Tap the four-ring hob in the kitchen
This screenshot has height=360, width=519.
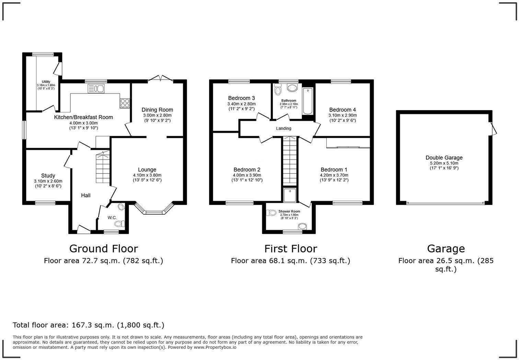click(x=125, y=103)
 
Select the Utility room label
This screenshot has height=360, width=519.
click(x=46, y=82)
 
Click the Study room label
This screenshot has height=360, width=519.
click(x=48, y=176)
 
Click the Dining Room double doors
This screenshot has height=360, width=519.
click(x=160, y=79)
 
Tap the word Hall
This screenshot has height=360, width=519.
click(x=86, y=195)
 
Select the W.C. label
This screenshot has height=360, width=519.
click(x=112, y=217)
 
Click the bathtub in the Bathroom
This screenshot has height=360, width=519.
click(x=308, y=101)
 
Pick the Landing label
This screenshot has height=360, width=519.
click(x=284, y=128)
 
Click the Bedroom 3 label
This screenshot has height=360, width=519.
click(x=241, y=98)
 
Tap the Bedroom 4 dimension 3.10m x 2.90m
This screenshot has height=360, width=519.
click(x=343, y=115)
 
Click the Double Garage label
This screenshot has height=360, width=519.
click(x=444, y=158)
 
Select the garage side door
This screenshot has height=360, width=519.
click(x=493, y=128)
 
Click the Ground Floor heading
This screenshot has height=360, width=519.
click(x=103, y=248)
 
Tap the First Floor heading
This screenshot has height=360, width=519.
click(x=290, y=248)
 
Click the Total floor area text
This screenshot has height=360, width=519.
click(x=89, y=325)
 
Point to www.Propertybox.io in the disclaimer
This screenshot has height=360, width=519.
click(x=215, y=347)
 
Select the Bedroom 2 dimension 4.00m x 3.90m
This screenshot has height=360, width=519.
click(x=247, y=175)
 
